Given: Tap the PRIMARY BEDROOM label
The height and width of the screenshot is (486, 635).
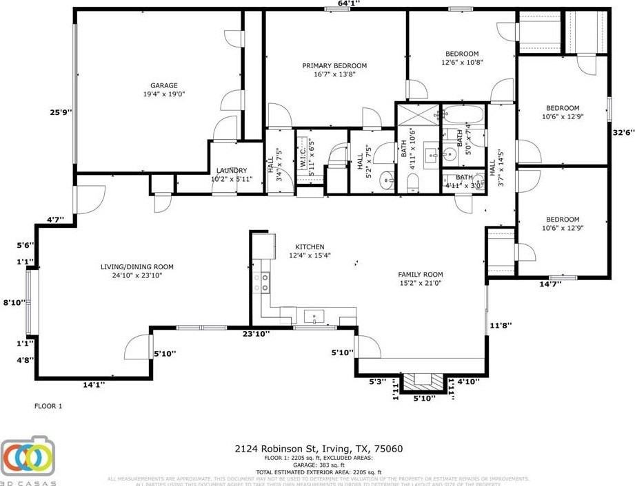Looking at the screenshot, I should tap(334, 66).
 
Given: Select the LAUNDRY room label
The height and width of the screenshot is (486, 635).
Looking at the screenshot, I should tap(231, 170).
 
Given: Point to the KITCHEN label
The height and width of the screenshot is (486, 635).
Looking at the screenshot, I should tap(310, 247).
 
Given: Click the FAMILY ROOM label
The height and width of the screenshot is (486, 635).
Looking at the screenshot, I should tap(420, 274).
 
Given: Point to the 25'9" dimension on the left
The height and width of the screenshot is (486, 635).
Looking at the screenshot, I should tap(60, 113).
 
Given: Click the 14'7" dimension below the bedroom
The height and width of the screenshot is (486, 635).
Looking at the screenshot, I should tap(550, 284).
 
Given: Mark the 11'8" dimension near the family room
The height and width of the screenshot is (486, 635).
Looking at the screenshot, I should tap(501, 326).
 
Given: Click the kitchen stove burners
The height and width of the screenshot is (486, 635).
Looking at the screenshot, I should tap(261, 282).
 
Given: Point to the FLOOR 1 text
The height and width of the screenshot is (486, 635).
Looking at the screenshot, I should tap(48, 406).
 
